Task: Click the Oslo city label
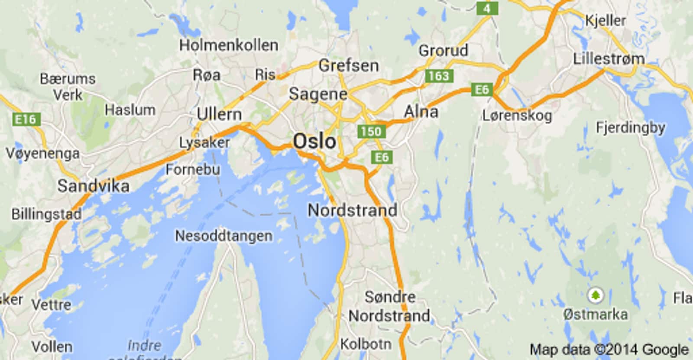point(314,141)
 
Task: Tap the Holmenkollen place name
point(229,45)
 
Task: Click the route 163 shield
point(439,76)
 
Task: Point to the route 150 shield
point(371,131)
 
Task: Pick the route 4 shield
point(487,8)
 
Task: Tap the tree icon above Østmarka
point(596,296)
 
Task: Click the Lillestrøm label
point(609,59)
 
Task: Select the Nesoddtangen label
point(224,236)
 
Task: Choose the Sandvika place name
point(94,186)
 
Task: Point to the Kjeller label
point(606,20)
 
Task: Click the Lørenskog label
point(517,116)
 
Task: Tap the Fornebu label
point(193,169)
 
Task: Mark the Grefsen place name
point(349,66)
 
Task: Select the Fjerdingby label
point(630,128)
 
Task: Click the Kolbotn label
point(366,344)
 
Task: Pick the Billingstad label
point(46,214)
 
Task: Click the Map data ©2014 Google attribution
point(609,350)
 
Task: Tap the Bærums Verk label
point(68,87)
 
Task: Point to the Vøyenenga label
point(43,153)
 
